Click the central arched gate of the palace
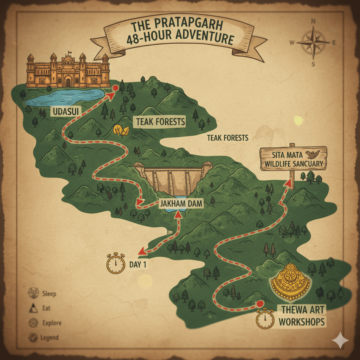tap(68, 82)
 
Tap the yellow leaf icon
tap(121, 130)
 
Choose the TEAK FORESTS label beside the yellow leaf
tap(160, 122)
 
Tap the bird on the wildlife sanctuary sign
tap(311, 154)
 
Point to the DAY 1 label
tap(137, 264)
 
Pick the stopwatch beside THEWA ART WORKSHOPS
tap(265, 319)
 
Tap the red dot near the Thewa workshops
tap(260, 303)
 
